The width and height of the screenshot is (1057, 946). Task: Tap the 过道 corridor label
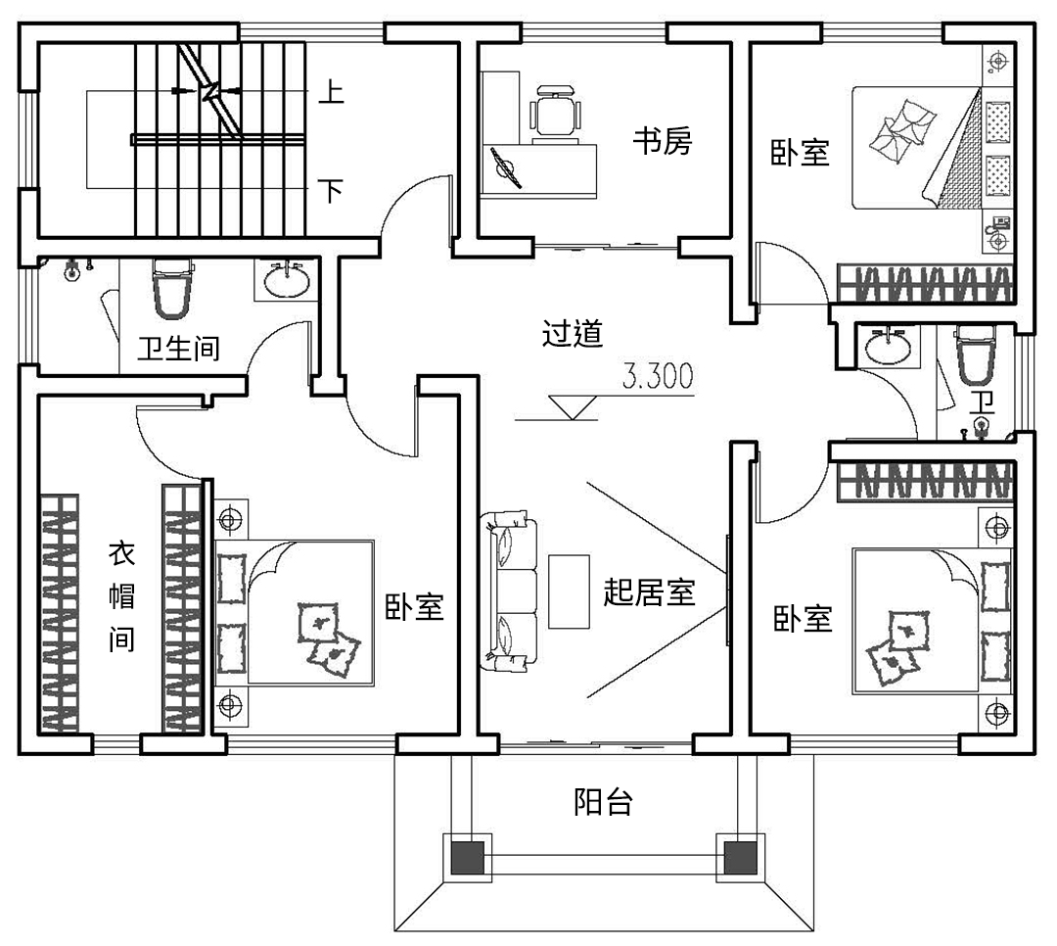click(x=573, y=334)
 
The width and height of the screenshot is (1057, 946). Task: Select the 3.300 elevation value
click(x=658, y=375)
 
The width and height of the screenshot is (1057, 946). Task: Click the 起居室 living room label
click(x=649, y=592)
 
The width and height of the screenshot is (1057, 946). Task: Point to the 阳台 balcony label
click(x=603, y=804)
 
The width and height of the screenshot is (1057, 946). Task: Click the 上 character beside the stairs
click(x=332, y=95)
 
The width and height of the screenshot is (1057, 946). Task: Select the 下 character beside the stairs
click(x=332, y=189)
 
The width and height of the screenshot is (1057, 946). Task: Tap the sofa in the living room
click(x=510, y=593)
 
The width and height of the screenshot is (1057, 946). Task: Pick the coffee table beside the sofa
click(x=569, y=591)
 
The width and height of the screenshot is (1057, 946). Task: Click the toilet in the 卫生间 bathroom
click(x=173, y=287)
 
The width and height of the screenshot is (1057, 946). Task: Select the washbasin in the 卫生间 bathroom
click(x=288, y=280)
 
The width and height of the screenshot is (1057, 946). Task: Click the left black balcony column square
click(x=468, y=859)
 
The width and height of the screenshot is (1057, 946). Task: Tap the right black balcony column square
click(x=739, y=859)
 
